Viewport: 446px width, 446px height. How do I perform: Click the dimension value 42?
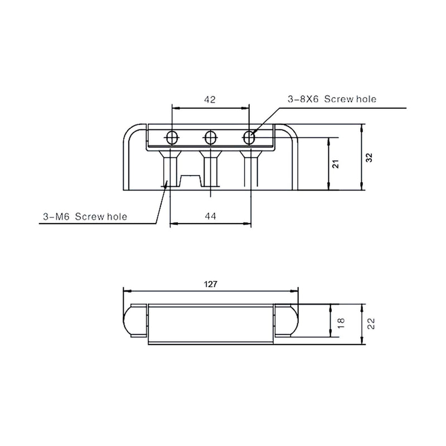[x=210, y=100]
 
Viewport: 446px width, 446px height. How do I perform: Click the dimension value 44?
[x=211, y=216]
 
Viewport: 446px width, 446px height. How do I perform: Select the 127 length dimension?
[x=211, y=284]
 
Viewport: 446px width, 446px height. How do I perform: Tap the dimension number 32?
[x=369, y=158]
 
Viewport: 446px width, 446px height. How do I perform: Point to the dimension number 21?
[x=336, y=164]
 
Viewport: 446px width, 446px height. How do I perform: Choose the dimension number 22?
[x=371, y=324]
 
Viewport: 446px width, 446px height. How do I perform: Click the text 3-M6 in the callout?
[x=56, y=217]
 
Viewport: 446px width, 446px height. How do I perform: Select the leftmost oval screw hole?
[x=172, y=138]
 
